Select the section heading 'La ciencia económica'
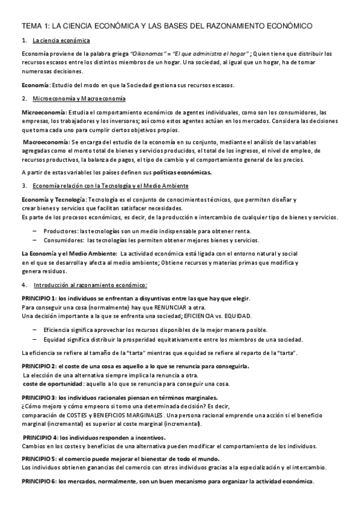click(61, 40)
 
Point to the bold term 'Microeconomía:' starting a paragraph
click(44, 112)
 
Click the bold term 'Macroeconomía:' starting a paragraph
click(46, 142)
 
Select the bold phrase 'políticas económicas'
click(186, 172)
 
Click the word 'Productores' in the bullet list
click(61, 231)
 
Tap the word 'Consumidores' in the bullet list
click(63, 240)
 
